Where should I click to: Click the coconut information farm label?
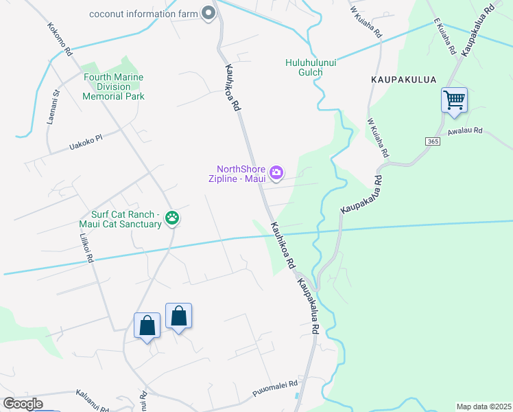point(143,13)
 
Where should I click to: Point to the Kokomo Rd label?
point(60,40)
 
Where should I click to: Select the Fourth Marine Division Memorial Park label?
point(113,87)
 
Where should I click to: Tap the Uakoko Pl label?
point(85,142)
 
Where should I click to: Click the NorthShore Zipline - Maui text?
point(239,174)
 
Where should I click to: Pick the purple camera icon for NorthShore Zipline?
point(276,173)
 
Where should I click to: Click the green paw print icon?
point(172,219)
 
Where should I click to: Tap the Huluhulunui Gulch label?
point(311,67)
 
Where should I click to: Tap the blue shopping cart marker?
point(454,100)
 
